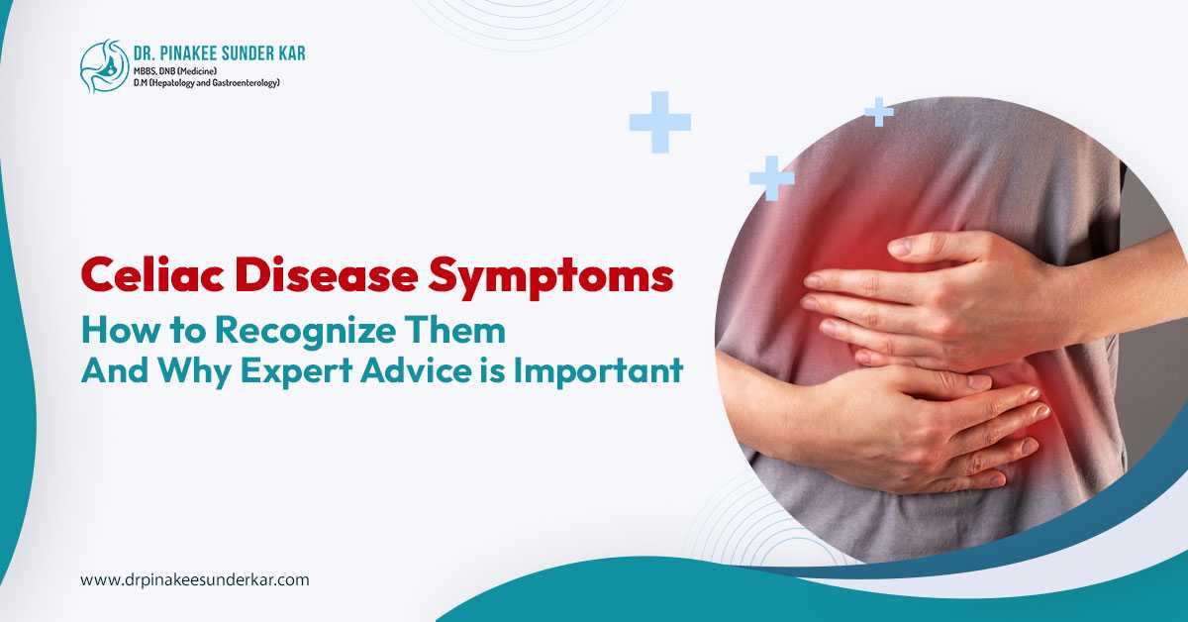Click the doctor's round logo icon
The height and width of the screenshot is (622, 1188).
(105, 66)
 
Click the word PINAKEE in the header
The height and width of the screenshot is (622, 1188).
(184, 53)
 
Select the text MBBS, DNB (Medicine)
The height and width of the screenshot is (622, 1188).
(175, 71)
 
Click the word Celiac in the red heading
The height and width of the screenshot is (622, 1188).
(152, 275)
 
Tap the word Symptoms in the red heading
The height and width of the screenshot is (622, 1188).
(551, 278)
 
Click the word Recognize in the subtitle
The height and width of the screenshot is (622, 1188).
(306, 331)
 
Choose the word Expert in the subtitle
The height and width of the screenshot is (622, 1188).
(296, 371)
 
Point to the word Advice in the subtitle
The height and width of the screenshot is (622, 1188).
(416, 370)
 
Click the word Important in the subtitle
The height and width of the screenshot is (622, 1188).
(598, 371)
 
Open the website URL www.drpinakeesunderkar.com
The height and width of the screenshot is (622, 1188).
(195, 579)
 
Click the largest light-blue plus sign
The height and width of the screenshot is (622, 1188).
(660, 123)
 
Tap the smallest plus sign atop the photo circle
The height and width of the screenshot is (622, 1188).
(879, 112)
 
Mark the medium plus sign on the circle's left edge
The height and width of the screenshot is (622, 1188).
(772, 178)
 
